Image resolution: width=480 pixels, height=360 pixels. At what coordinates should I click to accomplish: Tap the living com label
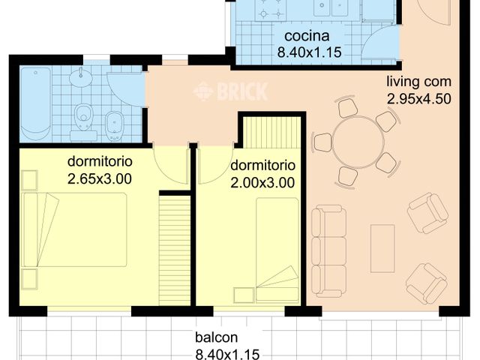coord(418,82)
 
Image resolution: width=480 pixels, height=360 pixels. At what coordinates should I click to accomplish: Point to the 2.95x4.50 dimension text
coord(419,97)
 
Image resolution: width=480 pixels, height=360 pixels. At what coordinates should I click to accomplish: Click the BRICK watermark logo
coord(230,92)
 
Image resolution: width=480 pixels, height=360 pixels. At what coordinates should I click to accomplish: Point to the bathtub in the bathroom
coord(35,103)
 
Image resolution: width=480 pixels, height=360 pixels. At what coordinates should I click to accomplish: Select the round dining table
coord(358,142)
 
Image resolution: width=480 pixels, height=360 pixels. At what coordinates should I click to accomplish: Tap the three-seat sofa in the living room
coord(328,250)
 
